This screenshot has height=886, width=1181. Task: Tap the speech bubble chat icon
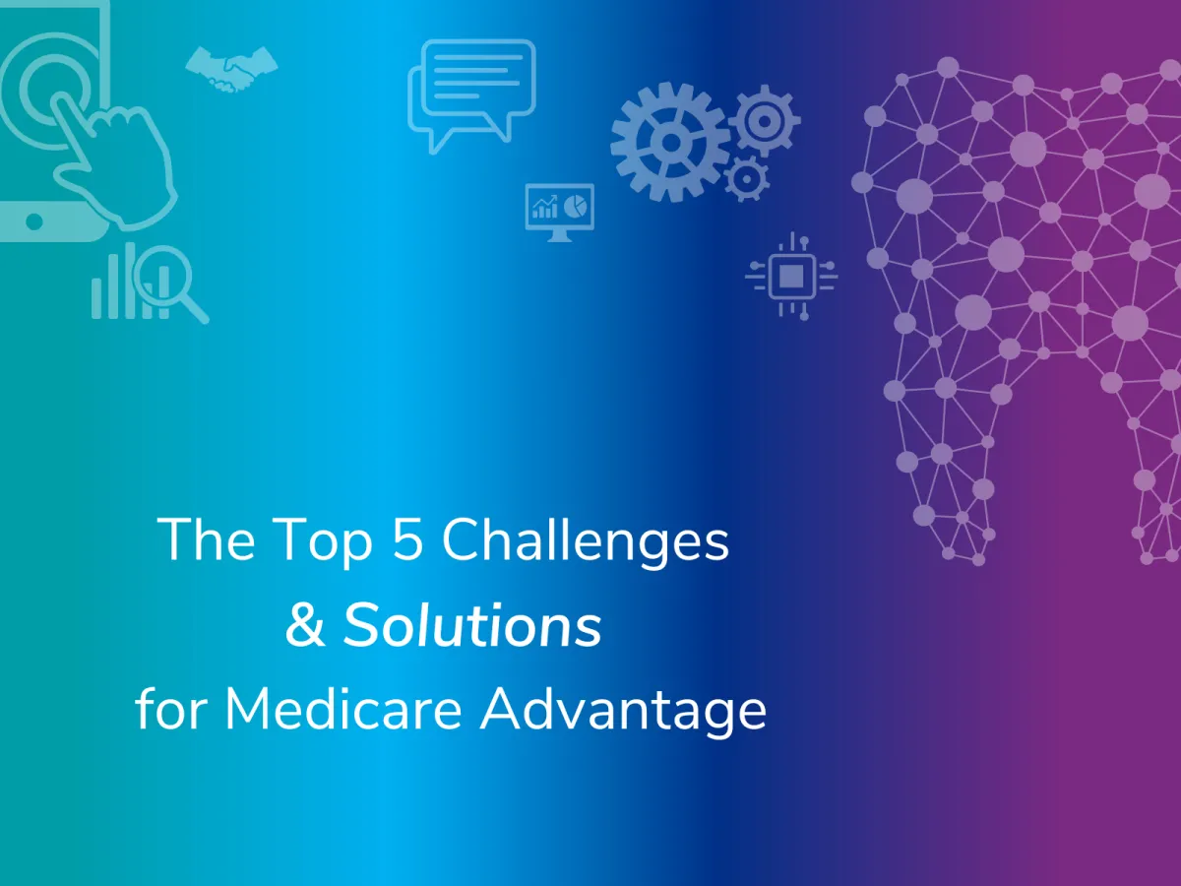471,94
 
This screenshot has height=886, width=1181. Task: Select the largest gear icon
670,143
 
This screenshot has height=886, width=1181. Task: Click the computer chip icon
790,277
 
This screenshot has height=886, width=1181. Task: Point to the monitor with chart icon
559,210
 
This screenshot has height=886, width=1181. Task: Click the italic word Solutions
471,626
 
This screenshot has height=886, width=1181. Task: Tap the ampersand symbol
305,626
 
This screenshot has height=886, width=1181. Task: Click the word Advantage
622,712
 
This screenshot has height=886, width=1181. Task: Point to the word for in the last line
172,710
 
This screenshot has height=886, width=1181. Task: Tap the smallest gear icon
745,178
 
